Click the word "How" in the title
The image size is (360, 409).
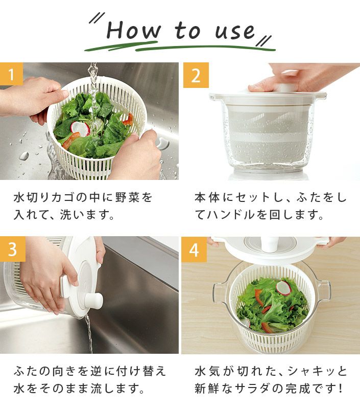tap(133, 31)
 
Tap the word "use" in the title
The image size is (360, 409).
tap(235, 32)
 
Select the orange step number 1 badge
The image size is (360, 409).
tap(11, 74)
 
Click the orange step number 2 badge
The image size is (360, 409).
tap(196, 75)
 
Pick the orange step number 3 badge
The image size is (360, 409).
tap(12, 249)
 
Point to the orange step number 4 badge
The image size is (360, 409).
tap(194, 249)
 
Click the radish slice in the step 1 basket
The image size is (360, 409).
tap(80, 129)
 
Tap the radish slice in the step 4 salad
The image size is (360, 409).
tap(283, 288)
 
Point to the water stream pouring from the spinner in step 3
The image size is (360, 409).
tap(89, 334)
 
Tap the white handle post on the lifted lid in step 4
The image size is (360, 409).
tap(269, 244)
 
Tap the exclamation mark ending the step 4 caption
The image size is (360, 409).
tap(341, 389)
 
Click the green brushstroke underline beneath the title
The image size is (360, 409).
tap(180, 48)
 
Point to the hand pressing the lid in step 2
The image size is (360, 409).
tap(300, 77)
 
